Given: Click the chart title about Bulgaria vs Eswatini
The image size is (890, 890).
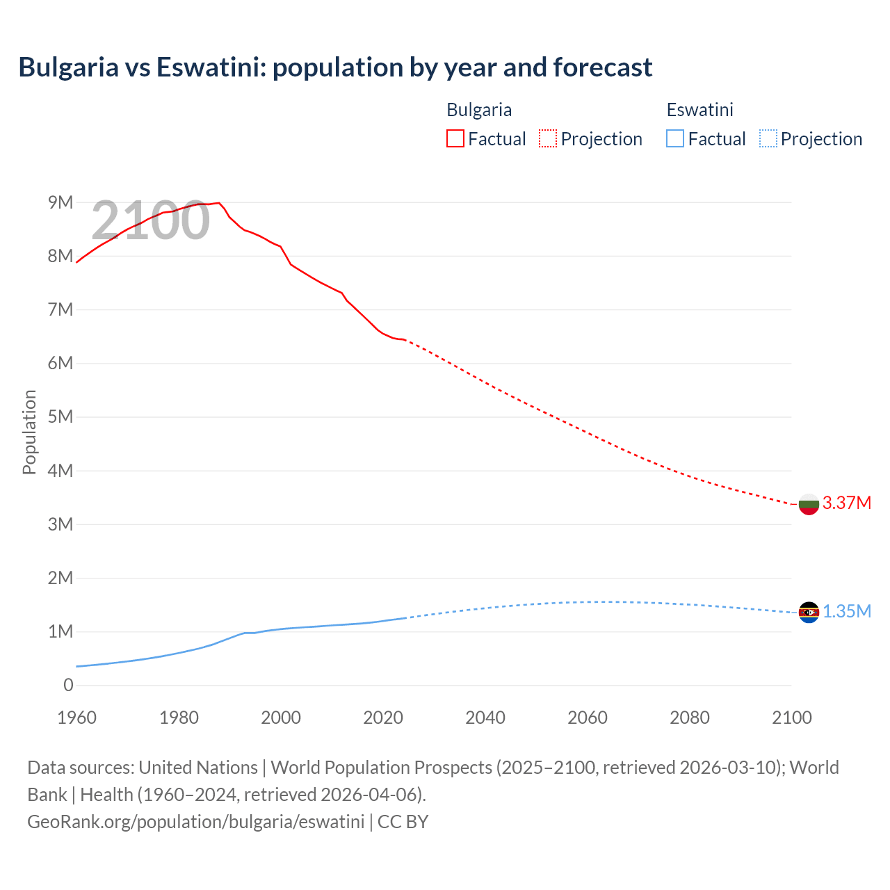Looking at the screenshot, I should tap(335, 67).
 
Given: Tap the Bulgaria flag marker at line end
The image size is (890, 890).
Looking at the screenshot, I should tap(809, 503).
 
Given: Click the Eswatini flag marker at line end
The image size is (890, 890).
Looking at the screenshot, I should tap(809, 612).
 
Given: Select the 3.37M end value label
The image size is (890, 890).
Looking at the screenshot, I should tap(847, 503).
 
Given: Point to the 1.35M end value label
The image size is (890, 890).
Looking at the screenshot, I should tap(847, 611).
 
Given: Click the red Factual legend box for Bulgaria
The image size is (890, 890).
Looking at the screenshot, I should tap(455, 139).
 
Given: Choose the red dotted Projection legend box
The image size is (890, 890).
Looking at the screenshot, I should tap(548, 139).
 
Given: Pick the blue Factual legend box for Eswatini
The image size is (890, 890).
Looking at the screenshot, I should tap(675, 139).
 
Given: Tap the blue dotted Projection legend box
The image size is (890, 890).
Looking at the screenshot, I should tap(768, 139).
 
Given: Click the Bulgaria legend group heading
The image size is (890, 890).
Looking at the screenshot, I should tap(479, 110).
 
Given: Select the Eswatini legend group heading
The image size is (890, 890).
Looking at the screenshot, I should tap(699, 110).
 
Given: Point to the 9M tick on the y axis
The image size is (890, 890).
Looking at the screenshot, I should tap(60, 202).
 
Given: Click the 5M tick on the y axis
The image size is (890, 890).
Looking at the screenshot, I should tap(60, 416).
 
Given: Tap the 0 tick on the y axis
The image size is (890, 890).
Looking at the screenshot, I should tap(68, 685).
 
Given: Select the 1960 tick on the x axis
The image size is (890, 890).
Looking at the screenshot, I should tap(77, 718).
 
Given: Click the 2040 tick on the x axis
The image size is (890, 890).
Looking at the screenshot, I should tap(485, 718).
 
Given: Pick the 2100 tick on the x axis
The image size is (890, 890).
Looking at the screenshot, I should tap(792, 718).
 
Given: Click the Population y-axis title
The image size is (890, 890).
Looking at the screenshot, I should tap(29, 432).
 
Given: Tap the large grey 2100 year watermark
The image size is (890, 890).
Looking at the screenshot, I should tap(150, 220).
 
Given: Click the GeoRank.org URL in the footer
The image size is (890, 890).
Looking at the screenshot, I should tap(195, 821).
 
